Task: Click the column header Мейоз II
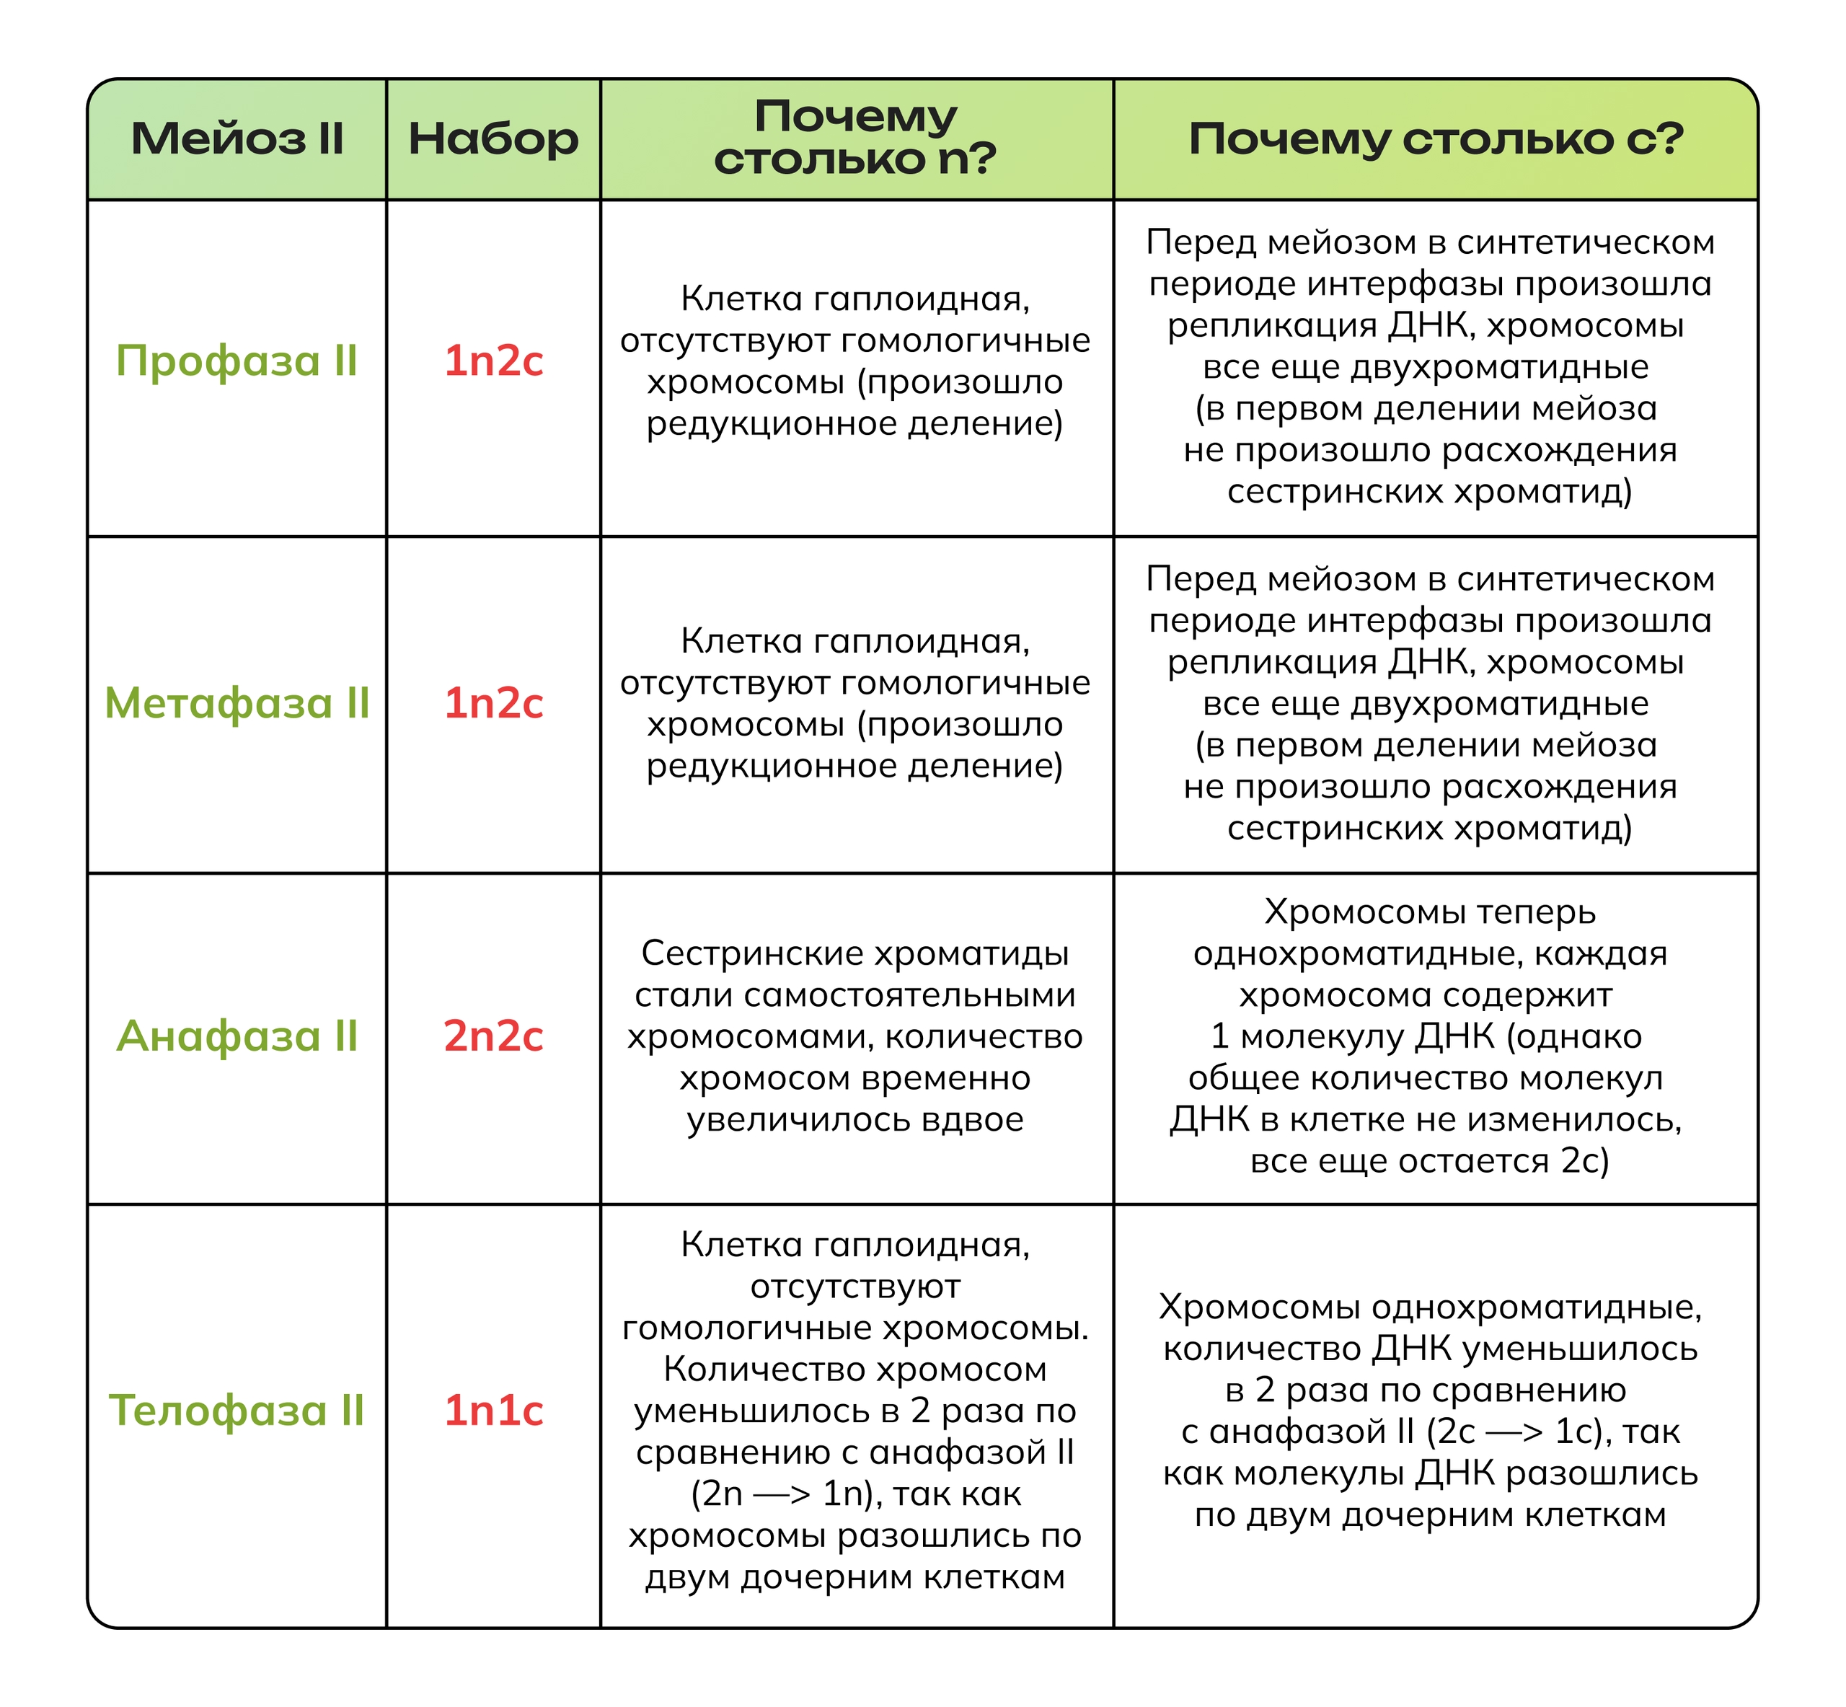237,139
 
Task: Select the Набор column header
493,139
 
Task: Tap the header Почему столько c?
1435,139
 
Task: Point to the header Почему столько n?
855,138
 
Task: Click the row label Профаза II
237,361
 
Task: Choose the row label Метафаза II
237,703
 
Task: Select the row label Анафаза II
237,1036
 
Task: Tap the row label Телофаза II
237,1411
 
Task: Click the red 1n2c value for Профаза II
493,361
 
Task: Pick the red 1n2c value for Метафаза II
493,703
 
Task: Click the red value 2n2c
493,1036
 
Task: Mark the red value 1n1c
493,1411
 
